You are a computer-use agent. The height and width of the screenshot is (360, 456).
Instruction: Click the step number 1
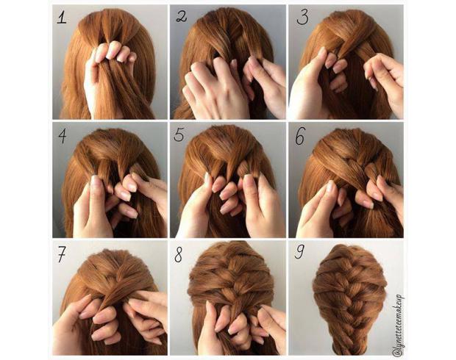[62, 18]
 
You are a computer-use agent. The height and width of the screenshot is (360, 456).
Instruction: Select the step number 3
[302, 17]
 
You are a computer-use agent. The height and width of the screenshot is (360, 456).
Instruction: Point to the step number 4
[63, 136]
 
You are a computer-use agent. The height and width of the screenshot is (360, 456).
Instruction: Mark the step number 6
[300, 136]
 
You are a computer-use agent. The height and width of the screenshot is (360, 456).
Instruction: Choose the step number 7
[62, 254]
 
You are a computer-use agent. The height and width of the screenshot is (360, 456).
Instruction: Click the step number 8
[178, 254]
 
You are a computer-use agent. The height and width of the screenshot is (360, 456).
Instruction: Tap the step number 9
[299, 251]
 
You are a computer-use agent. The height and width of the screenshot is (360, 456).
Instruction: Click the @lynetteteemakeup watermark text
[398, 325]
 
